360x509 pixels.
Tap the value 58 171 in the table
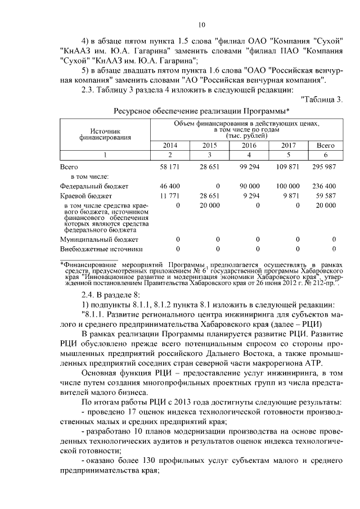[170, 168]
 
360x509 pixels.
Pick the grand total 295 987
[326, 168]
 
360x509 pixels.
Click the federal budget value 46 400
[170, 186]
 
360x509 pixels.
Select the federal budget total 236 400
[326, 186]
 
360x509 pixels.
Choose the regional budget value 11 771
[170, 196]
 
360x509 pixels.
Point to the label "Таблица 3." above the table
[323, 100]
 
